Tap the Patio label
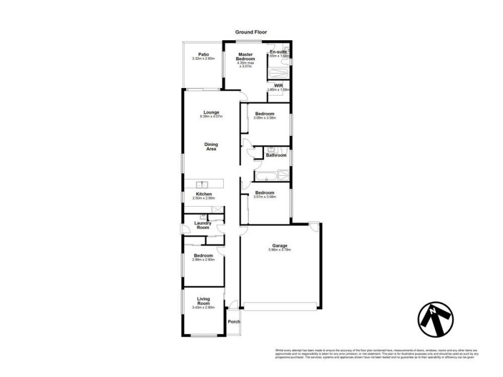[203, 54]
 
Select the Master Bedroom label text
[246, 57]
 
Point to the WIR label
[278, 84]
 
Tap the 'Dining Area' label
[211, 146]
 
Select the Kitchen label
[203, 194]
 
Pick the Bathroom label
[276, 155]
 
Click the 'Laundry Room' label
[202, 224]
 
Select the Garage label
[280, 245]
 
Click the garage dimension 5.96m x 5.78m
[280, 249]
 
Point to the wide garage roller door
[280, 306]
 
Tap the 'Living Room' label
[203, 301]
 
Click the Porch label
[234, 322]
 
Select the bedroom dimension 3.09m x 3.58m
[265, 117]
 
